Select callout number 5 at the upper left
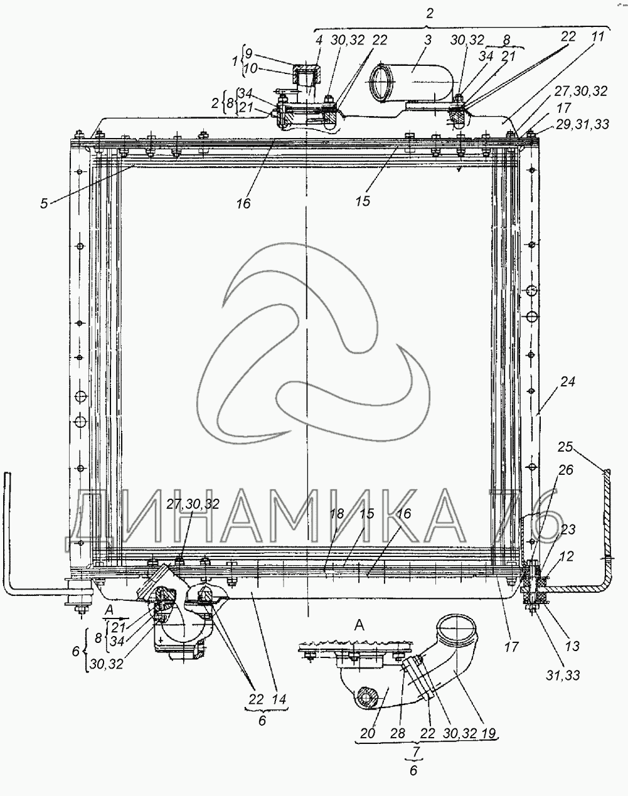coord(44,203)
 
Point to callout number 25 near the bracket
coord(565,447)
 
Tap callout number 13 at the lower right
coord(572,645)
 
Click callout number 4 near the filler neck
coord(319,39)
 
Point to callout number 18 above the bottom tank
coord(337,513)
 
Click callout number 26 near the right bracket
coord(565,470)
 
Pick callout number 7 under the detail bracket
coord(413,752)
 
